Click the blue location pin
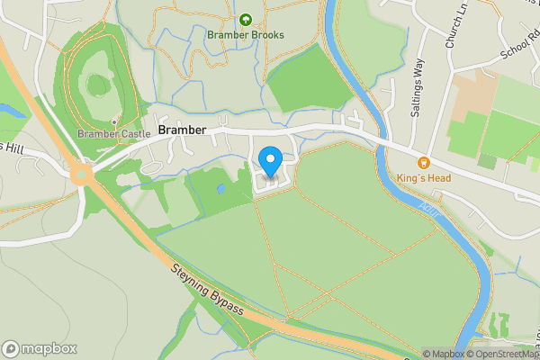point(270,162)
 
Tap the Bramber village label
point(183,130)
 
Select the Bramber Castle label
point(113,134)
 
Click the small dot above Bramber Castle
point(114,121)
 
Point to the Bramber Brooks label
point(246,35)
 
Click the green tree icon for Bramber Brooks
point(246,19)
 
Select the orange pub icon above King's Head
point(424,163)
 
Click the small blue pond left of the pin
point(221,190)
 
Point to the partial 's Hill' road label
point(12,147)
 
